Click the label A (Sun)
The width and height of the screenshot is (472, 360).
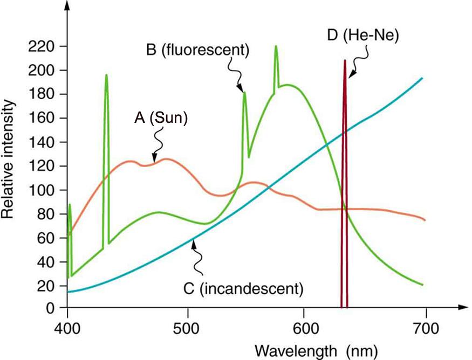coord(161,118)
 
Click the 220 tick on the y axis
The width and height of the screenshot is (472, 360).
coord(45,47)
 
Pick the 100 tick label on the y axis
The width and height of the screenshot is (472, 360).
coord(45,190)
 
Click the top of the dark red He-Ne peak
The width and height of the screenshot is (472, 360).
coord(344,60)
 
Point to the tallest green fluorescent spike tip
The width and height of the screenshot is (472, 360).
coord(276,46)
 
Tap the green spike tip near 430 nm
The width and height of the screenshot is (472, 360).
coord(106,75)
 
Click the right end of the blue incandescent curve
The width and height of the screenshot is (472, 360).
coord(422,78)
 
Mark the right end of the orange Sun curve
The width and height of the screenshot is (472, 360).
coord(425,220)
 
